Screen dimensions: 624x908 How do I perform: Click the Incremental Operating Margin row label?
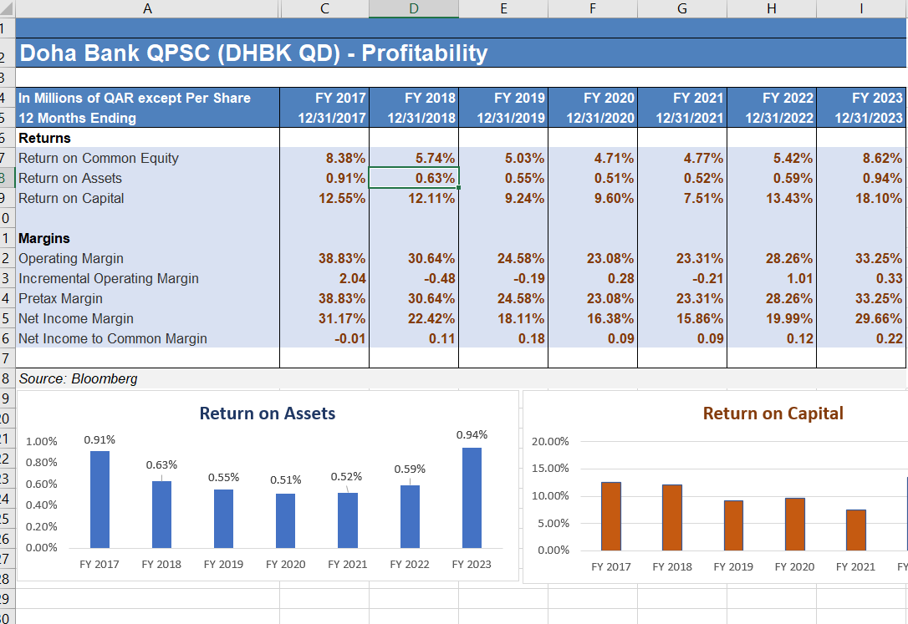pos(109,278)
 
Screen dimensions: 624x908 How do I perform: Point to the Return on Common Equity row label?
pos(99,158)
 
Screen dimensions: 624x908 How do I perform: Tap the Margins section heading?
pos(44,238)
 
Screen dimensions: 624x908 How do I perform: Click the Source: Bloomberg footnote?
pos(79,378)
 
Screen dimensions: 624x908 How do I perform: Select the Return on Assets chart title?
pos(268,413)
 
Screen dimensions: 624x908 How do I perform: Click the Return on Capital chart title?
pos(773,413)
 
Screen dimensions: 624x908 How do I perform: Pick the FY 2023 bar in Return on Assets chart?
pos(472,498)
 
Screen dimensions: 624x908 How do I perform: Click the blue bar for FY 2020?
pos(286,520)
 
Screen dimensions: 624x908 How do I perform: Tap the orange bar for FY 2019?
pos(733,525)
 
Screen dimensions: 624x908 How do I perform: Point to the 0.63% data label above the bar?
pos(161,464)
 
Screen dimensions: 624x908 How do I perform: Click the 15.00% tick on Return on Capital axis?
pos(550,469)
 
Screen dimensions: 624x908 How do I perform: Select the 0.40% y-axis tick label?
pos(42,505)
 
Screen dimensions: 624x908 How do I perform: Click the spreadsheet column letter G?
pos(682,8)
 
